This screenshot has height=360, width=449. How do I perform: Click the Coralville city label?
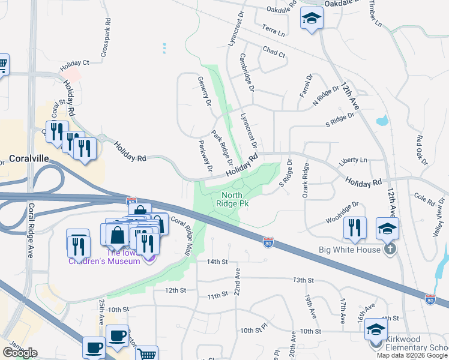pyautogui.click(x=29, y=159)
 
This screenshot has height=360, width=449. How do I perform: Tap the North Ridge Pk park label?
pyautogui.click(x=235, y=199)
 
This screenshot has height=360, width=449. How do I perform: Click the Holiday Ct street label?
pyautogui.click(x=74, y=62)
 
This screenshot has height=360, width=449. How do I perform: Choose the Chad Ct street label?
pyautogui.click(x=274, y=53)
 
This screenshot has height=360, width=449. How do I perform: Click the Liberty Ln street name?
pyautogui.click(x=352, y=160)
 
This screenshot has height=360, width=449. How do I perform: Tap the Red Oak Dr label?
pyautogui.click(x=422, y=150)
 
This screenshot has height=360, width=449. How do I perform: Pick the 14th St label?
pyautogui.click(x=217, y=262)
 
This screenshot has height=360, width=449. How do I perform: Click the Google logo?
pyautogui.click(x=19, y=352)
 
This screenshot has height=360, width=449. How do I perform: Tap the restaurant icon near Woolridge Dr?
pyautogui.click(x=355, y=228)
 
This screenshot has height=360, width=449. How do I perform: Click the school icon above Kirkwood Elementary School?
pyautogui.click(x=376, y=329)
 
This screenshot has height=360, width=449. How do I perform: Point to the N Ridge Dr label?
pyautogui.click(x=327, y=100)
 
